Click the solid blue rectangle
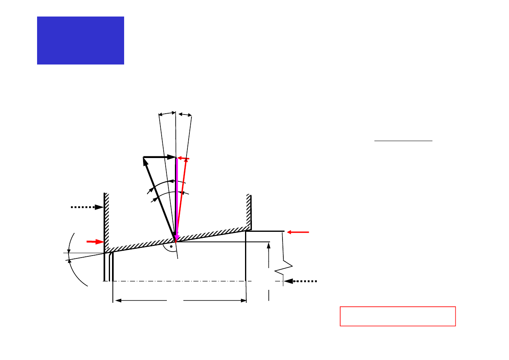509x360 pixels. (80, 40)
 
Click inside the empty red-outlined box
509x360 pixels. (397, 316)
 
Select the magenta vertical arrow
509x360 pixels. (177, 198)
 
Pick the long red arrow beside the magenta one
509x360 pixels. (181, 198)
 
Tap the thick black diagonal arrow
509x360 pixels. (159, 198)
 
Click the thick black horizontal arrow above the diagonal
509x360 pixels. (160, 157)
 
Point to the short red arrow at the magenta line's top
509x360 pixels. (183, 158)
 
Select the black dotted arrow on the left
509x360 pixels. (87, 207)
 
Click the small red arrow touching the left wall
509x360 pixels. (95, 241)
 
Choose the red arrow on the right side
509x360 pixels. (298, 232)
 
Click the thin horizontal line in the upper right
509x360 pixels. (403, 141)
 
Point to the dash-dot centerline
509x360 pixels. (193, 281)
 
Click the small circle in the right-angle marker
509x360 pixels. (171, 246)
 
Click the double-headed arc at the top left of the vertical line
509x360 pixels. (167, 114)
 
